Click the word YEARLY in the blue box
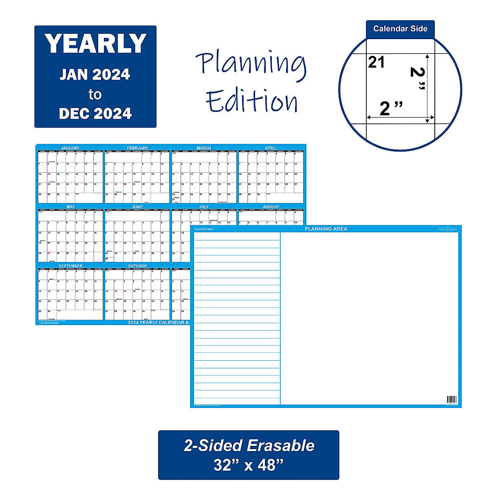coord(95,44)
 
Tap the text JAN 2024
coord(95,75)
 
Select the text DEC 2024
coord(95,114)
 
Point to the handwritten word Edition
coord(252,101)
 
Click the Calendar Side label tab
coord(400,29)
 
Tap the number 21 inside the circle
coord(377,62)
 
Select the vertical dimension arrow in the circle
coord(427,88)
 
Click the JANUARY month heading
coord(70,148)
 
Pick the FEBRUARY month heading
coord(137,148)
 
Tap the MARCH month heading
coord(204,148)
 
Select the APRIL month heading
coord(271,148)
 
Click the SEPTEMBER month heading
coord(70,266)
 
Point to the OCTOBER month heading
coord(137,266)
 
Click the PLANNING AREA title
coord(326,229)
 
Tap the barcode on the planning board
coord(452,399)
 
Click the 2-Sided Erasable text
coord(249,446)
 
